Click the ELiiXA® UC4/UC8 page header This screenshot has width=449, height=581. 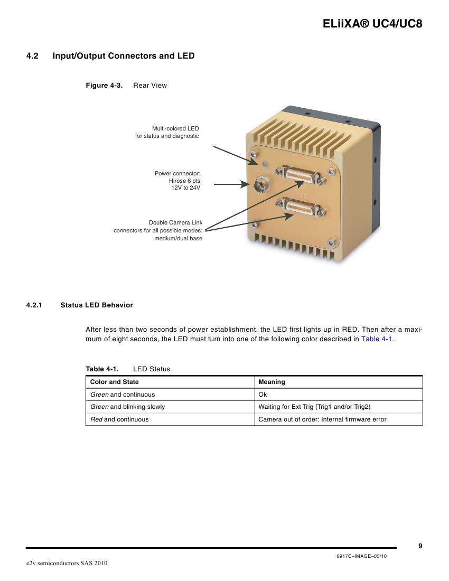tap(372, 24)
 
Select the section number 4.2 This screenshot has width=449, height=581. tap(32, 56)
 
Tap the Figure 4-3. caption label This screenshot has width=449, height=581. tap(104, 85)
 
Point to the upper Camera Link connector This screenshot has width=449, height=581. tap(301, 174)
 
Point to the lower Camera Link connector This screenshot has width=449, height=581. tap(301, 207)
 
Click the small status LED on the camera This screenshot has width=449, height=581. tap(265, 163)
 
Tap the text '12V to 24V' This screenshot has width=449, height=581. tap(185, 188)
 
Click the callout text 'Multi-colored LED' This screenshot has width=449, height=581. tap(175, 128)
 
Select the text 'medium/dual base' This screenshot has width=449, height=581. tap(178, 238)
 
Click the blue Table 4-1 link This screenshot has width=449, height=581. tap(377, 339)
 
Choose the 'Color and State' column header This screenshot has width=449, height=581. tap(115, 382)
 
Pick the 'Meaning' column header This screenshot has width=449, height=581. tap(272, 382)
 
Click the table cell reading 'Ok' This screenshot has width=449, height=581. tap(263, 395)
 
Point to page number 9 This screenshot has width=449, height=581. tap(420, 546)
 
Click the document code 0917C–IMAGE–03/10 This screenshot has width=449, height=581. tap(361, 556)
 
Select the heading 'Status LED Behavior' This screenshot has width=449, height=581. tap(97, 305)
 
